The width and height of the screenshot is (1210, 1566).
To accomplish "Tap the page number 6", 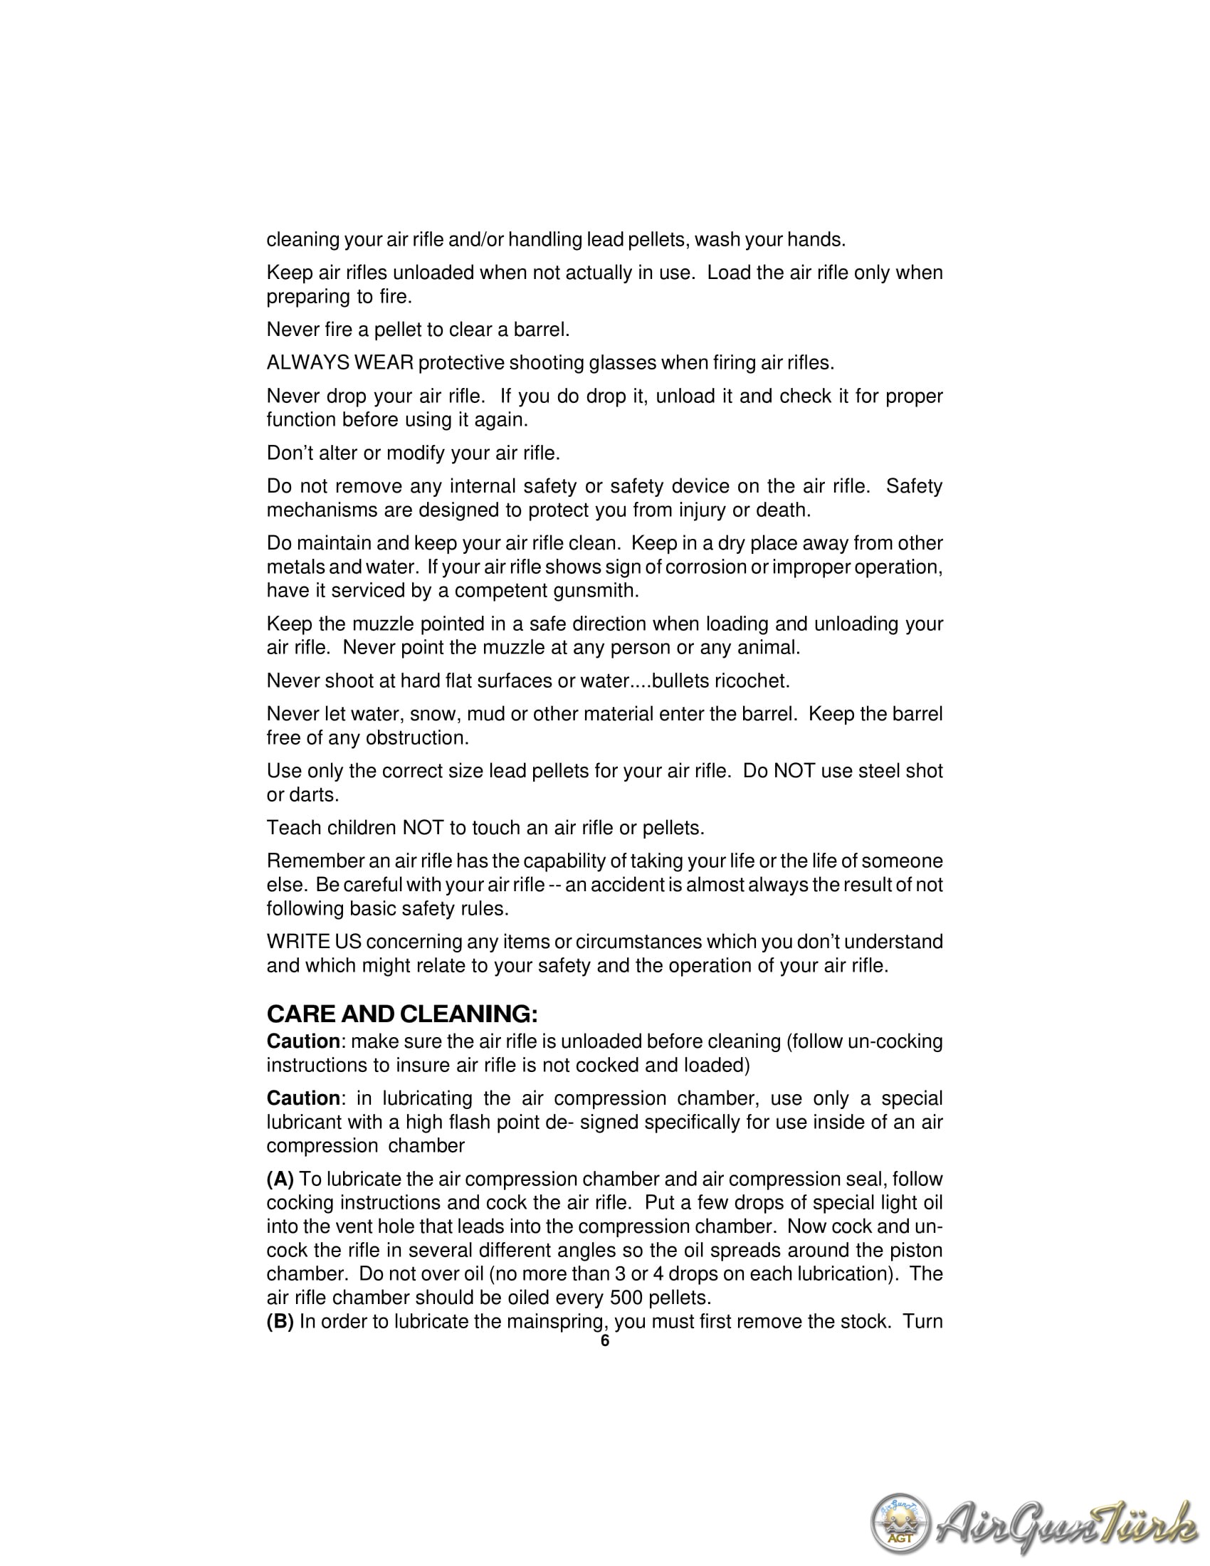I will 604,1341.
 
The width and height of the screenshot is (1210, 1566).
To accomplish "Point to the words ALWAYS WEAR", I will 340,363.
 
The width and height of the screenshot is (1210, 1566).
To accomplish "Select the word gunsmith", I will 596,591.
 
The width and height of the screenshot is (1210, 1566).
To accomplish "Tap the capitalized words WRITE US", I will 314,942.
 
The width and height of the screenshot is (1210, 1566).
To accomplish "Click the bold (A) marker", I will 280,1179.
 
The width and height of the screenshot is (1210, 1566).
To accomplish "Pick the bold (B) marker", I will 280,1322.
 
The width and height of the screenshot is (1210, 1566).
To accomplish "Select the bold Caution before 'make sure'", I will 303,1041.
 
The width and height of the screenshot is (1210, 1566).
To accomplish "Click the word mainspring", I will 553,1322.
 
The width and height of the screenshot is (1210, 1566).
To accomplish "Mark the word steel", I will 866,771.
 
